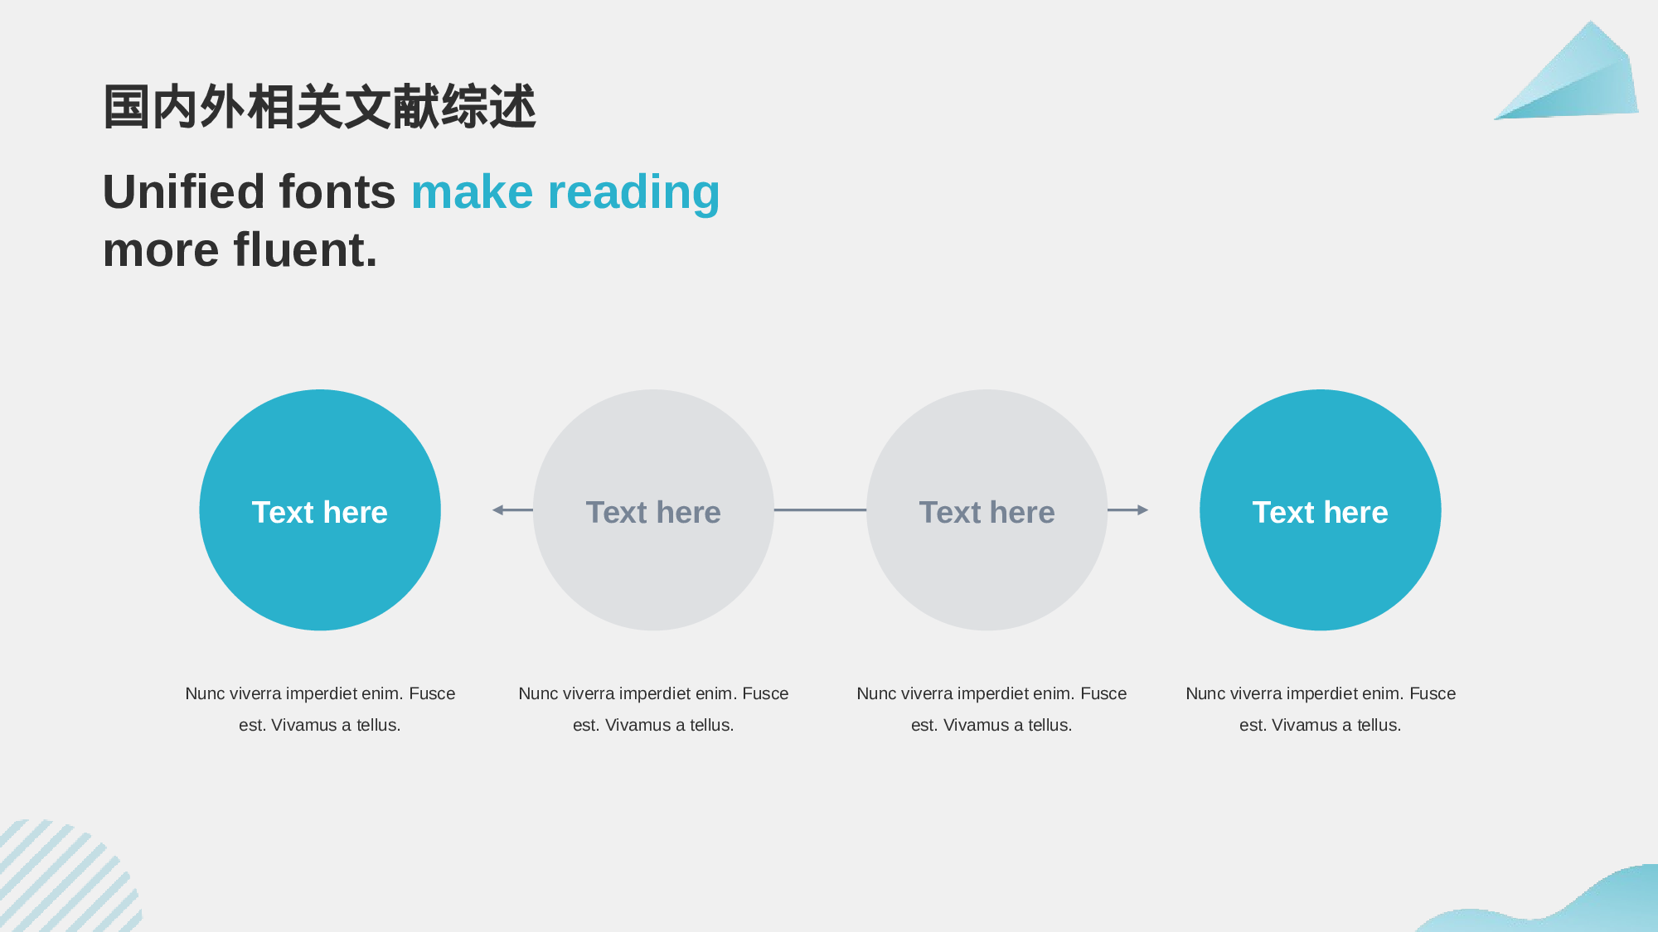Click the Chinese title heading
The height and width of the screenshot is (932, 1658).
320,107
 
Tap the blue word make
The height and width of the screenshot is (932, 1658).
472,191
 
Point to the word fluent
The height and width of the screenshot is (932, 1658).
306,249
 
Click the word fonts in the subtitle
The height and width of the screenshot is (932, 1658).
337,191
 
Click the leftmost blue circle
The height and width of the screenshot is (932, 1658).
320,510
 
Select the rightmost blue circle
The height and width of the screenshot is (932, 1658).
1321,510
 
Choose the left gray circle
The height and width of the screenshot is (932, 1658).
653,510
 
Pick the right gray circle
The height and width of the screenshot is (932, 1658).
987,510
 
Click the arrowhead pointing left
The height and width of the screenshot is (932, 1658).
498,510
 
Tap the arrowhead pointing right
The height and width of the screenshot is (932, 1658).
1143,510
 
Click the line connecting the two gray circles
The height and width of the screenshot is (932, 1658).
820,510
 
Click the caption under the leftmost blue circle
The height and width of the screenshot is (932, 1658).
320,709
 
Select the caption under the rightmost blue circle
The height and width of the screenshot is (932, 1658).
1321,709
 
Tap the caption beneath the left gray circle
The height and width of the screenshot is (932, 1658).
653,709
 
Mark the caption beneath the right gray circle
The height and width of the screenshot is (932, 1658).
991,709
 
